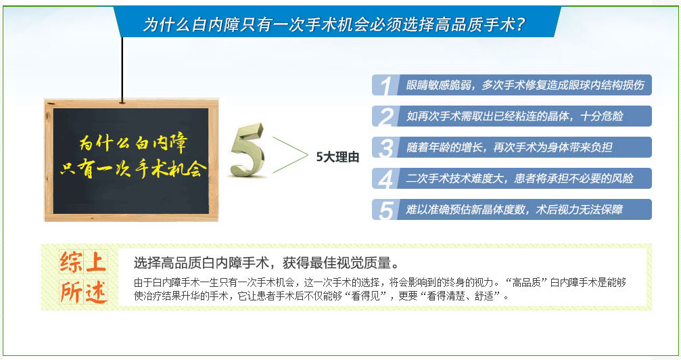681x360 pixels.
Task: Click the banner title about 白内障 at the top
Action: (334, 24)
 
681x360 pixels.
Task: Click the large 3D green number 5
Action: (247, 150)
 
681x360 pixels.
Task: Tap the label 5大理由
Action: (337, 157)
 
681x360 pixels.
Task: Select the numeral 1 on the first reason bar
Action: (385, 85)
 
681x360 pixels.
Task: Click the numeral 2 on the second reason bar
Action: (385, 116)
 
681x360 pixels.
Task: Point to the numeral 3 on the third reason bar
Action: (385, 148)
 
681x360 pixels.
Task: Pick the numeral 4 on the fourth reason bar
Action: (385, 179)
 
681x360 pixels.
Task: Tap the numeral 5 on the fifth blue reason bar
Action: (385, 210)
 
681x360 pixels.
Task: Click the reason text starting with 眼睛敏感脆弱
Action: (525, 85)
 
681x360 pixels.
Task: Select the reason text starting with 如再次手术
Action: (515, 116)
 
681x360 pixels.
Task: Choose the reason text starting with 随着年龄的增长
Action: (509, 148)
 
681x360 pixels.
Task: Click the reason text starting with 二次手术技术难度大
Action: (519, 178)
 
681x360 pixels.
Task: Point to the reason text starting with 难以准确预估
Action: (514, 210)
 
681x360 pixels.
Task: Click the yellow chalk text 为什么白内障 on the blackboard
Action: (133, 142)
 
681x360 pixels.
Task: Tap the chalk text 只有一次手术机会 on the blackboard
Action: (133, 168)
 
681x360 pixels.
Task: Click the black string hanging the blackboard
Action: (122, 70)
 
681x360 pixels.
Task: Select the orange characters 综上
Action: (83, 262)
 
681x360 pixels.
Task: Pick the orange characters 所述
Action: (83, 291)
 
